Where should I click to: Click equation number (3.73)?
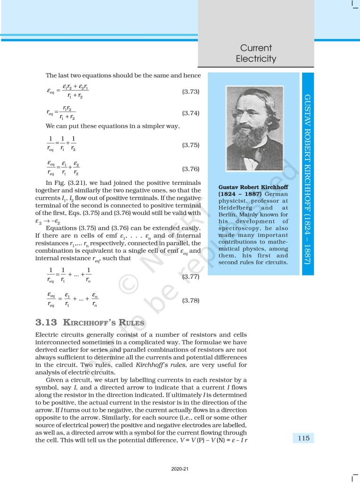click(x=191, y=91)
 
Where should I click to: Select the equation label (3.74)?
click(x=191, y=113)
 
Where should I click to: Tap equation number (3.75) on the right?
click(x=191, y=146)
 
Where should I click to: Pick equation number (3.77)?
click(x=191, y=277)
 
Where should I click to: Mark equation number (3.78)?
click(x=191, y=300)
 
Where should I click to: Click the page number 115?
click(x=303, y=438)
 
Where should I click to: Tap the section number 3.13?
click(x=46, y=323)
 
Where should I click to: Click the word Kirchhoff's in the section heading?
click(x=90, y=323)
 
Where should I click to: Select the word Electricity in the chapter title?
click(x=256, y=59)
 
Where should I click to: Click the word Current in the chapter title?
click(x=256, y=48)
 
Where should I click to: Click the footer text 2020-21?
click(x=180, y=469)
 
